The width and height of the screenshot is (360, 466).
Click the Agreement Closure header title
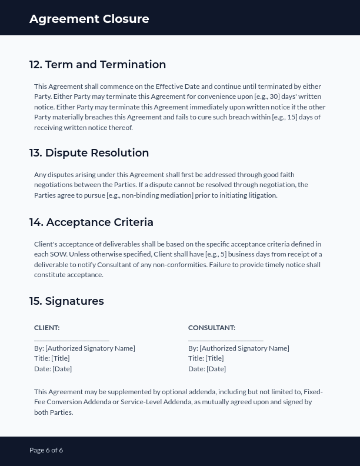(89, 19)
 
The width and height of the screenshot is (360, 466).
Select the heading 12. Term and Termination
(98, 65)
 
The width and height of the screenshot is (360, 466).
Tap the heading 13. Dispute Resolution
(89, 153)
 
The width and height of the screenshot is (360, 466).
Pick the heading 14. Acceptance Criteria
(91, 222)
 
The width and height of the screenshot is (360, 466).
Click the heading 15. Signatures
(66, 301)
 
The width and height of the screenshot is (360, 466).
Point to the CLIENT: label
(46, 328)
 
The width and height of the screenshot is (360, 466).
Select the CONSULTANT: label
(211, 328)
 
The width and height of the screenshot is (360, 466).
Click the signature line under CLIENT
(71, 339)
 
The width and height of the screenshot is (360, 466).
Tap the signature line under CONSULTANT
(225, 339)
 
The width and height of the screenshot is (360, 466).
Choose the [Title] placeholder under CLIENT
(61, 358)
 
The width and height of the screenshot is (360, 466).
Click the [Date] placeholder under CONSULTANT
(216, 369)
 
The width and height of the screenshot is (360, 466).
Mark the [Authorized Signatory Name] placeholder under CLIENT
(90, 348)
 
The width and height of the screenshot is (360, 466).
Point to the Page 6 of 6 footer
(46, 450)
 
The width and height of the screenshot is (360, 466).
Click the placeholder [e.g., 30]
(267, 96)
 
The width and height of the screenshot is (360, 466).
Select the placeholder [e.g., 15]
(285, 117)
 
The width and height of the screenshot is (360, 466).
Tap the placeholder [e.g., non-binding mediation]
(149, 195)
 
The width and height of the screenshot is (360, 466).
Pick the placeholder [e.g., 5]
(216, 254)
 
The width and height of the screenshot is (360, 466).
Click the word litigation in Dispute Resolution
(261, 195)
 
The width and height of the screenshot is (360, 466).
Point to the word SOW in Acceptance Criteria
(59, 254)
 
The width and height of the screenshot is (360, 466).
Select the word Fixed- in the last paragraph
(313, 392)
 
